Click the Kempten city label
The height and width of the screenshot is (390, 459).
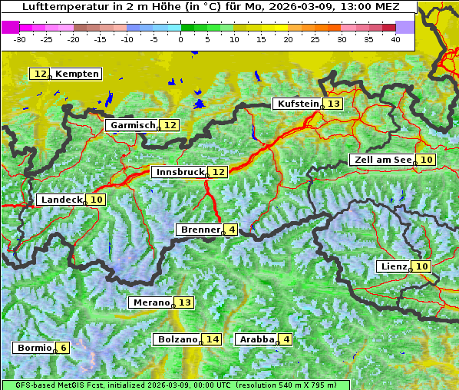[x=77, y=74]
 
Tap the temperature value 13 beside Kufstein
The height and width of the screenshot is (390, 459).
[x=333, y=104]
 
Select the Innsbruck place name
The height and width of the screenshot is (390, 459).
[x=179, y=172]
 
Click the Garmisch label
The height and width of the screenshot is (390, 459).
[x=133, y=125]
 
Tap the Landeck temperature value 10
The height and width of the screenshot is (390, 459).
[x=97, y=200]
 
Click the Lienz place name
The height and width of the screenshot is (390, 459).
[x=393, y=266]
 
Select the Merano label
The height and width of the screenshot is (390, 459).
[x=150, y=302]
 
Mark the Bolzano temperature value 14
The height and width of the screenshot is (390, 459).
[x=212, y=339]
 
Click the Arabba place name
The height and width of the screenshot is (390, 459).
[x=257, y=339]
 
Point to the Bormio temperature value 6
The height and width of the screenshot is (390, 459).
[x=64, y=348]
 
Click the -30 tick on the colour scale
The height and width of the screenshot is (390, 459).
[x=20, y=38]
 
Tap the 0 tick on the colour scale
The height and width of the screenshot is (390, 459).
[x=180, y=38]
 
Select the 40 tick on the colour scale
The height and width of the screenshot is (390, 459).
[x=395, y=38]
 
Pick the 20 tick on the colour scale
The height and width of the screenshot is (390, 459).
[x=288, y=38]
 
